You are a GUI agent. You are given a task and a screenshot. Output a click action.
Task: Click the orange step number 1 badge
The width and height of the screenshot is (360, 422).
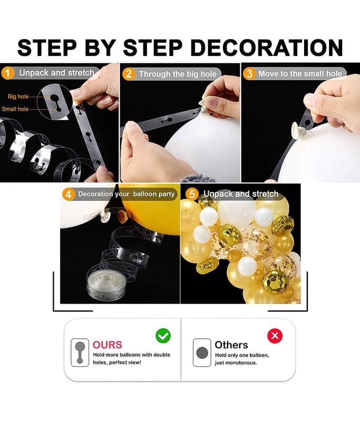pyautogui.click(x=8, y=73)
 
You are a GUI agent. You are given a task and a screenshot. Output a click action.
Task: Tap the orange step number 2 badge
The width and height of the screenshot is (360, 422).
pyautogui.click(x=129, y=74)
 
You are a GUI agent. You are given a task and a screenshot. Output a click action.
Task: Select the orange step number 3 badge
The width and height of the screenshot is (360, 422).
pyautogui.click(x=249, y=73)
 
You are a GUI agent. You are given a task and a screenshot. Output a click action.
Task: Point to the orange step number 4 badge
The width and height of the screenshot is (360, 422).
pyautogui.click(x=69, y=194)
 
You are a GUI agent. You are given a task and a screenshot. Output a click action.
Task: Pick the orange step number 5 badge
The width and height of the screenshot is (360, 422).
pyautogui.click(x=192, y=194)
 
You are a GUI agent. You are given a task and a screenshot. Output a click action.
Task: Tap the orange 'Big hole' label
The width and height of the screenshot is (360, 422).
pyautogui.click(x=18, y=97)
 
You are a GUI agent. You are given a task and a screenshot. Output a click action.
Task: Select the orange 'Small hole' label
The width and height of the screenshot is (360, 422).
pyautogui.click(x=15, y=109)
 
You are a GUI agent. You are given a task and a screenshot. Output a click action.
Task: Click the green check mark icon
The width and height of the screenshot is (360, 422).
pyautogui.click(x=163, y=335)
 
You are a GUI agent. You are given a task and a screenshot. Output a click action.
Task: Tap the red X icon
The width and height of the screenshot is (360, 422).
pyautogui.click(x=275, y=336)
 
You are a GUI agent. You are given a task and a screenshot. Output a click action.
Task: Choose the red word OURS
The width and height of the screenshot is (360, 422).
pyautogui.click(x=108, y=345)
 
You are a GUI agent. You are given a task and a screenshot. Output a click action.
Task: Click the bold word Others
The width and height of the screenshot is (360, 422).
pyautogui.click(x=231, y=345)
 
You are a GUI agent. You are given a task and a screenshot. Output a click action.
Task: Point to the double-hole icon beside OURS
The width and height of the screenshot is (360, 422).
pyautogui.click(x=80, y=352)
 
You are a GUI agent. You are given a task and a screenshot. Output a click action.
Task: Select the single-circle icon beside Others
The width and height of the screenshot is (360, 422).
pyautogui.click(x=202, y=352)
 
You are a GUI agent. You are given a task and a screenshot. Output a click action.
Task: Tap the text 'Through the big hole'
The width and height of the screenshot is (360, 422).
pyautogui.click(x=178, y=74)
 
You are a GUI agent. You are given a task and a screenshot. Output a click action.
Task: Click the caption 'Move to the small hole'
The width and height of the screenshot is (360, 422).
pyautogui.click(x=300, y=73)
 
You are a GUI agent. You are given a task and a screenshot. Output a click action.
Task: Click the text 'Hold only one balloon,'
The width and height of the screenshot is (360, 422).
pyautogui.click(x=242, y=355)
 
